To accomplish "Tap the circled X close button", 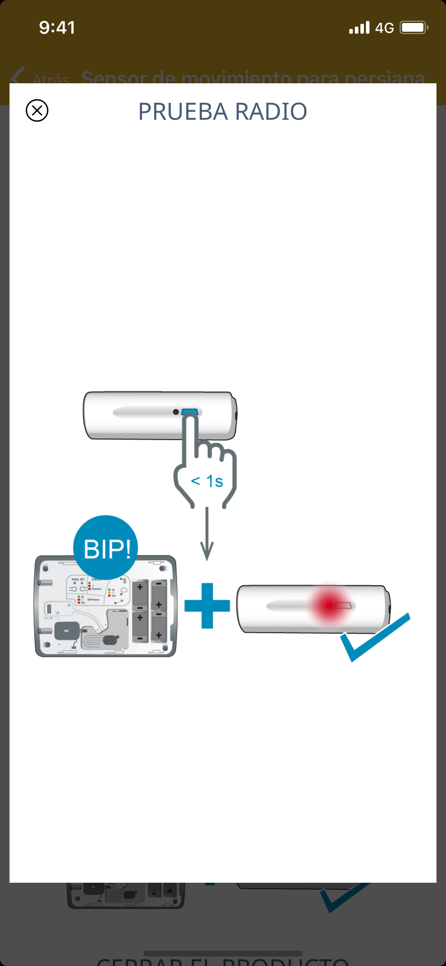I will [37, 111].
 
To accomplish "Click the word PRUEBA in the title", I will [183, 111].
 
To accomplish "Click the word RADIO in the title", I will [271, 111].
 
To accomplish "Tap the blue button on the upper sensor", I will [190, 412].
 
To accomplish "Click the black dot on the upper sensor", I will [176, 412].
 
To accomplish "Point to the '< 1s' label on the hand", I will [207, 481].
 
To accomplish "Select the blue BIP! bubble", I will [106, 548].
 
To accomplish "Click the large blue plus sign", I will [207, 606].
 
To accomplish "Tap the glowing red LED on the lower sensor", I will [329, 605].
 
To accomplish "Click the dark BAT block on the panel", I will [67, 631].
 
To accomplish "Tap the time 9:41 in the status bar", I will [57, 28].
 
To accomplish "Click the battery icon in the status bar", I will [413, 28].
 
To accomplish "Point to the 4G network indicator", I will [384, 28].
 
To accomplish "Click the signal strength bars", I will [359, 28].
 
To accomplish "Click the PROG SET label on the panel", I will [78, 579].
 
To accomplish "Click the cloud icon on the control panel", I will [124, 590].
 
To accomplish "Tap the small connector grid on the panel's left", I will [49, 609].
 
